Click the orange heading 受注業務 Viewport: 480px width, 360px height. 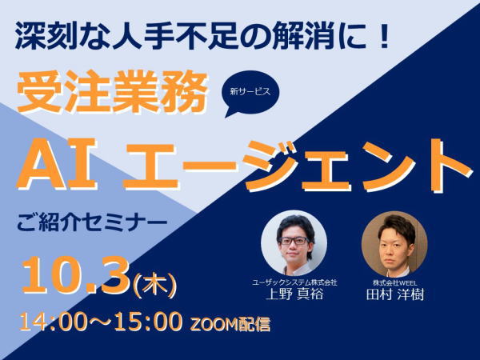tap(112, 92)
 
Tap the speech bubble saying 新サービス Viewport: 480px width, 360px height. tap(250, 93)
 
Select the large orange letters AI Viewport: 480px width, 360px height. tap(58, 165)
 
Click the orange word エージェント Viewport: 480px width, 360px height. tap(298, 166)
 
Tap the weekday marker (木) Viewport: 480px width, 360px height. tap(155, 284)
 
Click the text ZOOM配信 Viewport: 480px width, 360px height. tap(230, 325)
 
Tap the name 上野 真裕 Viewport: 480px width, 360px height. tap(294, 294)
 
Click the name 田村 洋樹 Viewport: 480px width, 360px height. tap(395, 294)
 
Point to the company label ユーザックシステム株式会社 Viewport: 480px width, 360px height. tap(294, 282)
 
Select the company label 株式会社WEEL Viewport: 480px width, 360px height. tap(394, 282)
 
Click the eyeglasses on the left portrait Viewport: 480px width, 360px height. tap(294, 241)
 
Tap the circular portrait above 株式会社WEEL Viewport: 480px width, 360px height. tap(394, 244)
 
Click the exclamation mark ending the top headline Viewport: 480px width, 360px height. tap(382, 38)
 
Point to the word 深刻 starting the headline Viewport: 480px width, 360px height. tap(45, 38)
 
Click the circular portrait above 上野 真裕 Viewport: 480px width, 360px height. tap(294, 243)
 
